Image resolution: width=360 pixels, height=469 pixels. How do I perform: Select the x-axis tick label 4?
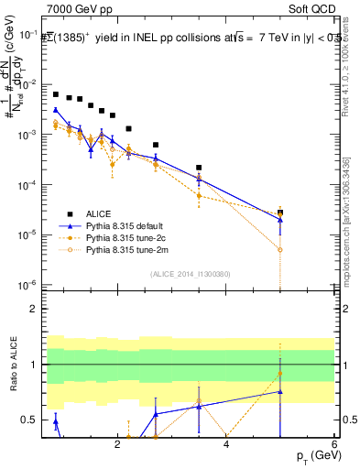(226, 445)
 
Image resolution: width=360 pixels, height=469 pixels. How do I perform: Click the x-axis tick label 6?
(334, 445)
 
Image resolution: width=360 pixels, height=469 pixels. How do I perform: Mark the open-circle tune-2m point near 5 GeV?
(280, 249)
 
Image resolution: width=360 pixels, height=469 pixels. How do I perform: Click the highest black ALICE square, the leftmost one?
(56, 94)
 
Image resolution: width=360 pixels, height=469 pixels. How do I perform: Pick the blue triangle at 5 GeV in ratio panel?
(280, 391)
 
